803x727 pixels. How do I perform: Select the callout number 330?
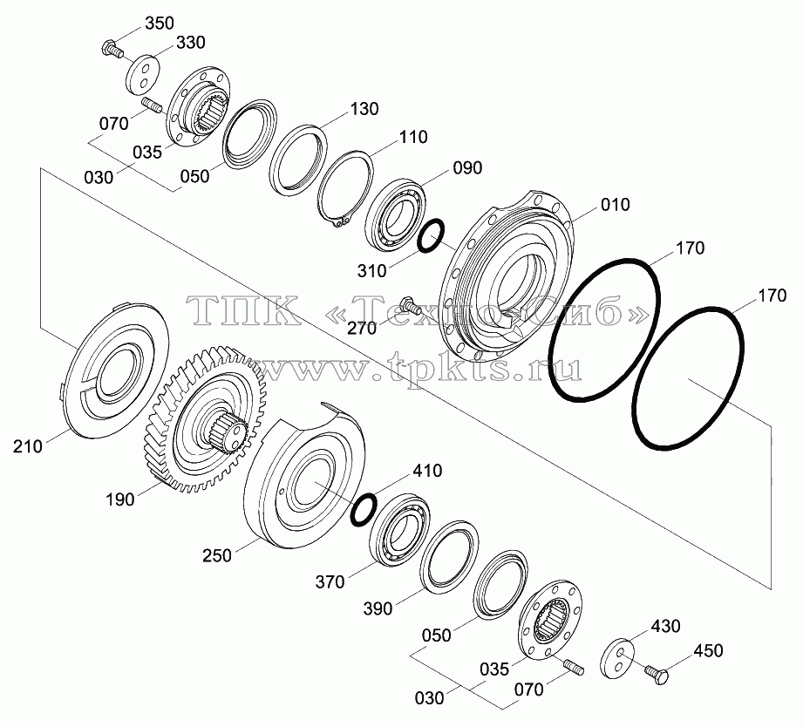point(191,43)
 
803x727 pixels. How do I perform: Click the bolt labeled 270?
point(409,304)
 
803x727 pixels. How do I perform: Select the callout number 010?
point(615,204)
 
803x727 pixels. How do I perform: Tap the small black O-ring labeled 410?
point(364,509)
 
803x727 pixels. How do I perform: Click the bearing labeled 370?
point(400,530)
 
